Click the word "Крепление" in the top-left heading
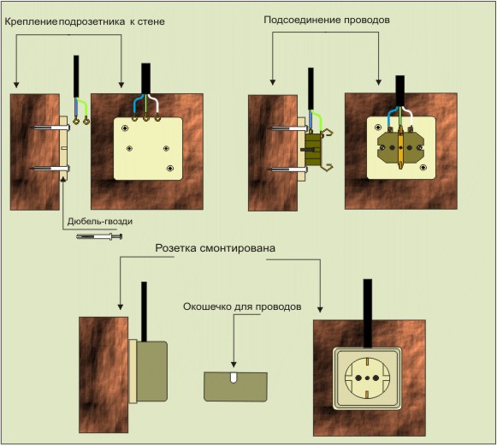(31, 22)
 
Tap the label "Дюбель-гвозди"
(100, 222)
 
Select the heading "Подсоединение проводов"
(327, 20)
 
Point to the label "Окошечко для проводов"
(242, 306)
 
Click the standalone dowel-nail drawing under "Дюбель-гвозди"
(99, 236)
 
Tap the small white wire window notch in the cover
(234, 378)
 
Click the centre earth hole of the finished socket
(367, 378)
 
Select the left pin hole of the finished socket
(358, 378)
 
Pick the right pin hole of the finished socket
(376, 378)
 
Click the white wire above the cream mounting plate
(154, 104)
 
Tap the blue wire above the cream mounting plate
(137, 104)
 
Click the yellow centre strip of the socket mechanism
(401, 147)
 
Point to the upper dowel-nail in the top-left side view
(51, 128)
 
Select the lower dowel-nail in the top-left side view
(51, 169)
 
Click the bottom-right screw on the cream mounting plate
(170, 168)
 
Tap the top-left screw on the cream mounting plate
(125, 128)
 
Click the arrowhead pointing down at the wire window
(234, 365)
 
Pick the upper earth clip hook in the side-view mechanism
(328, 133)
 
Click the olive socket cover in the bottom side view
(151, 372)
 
